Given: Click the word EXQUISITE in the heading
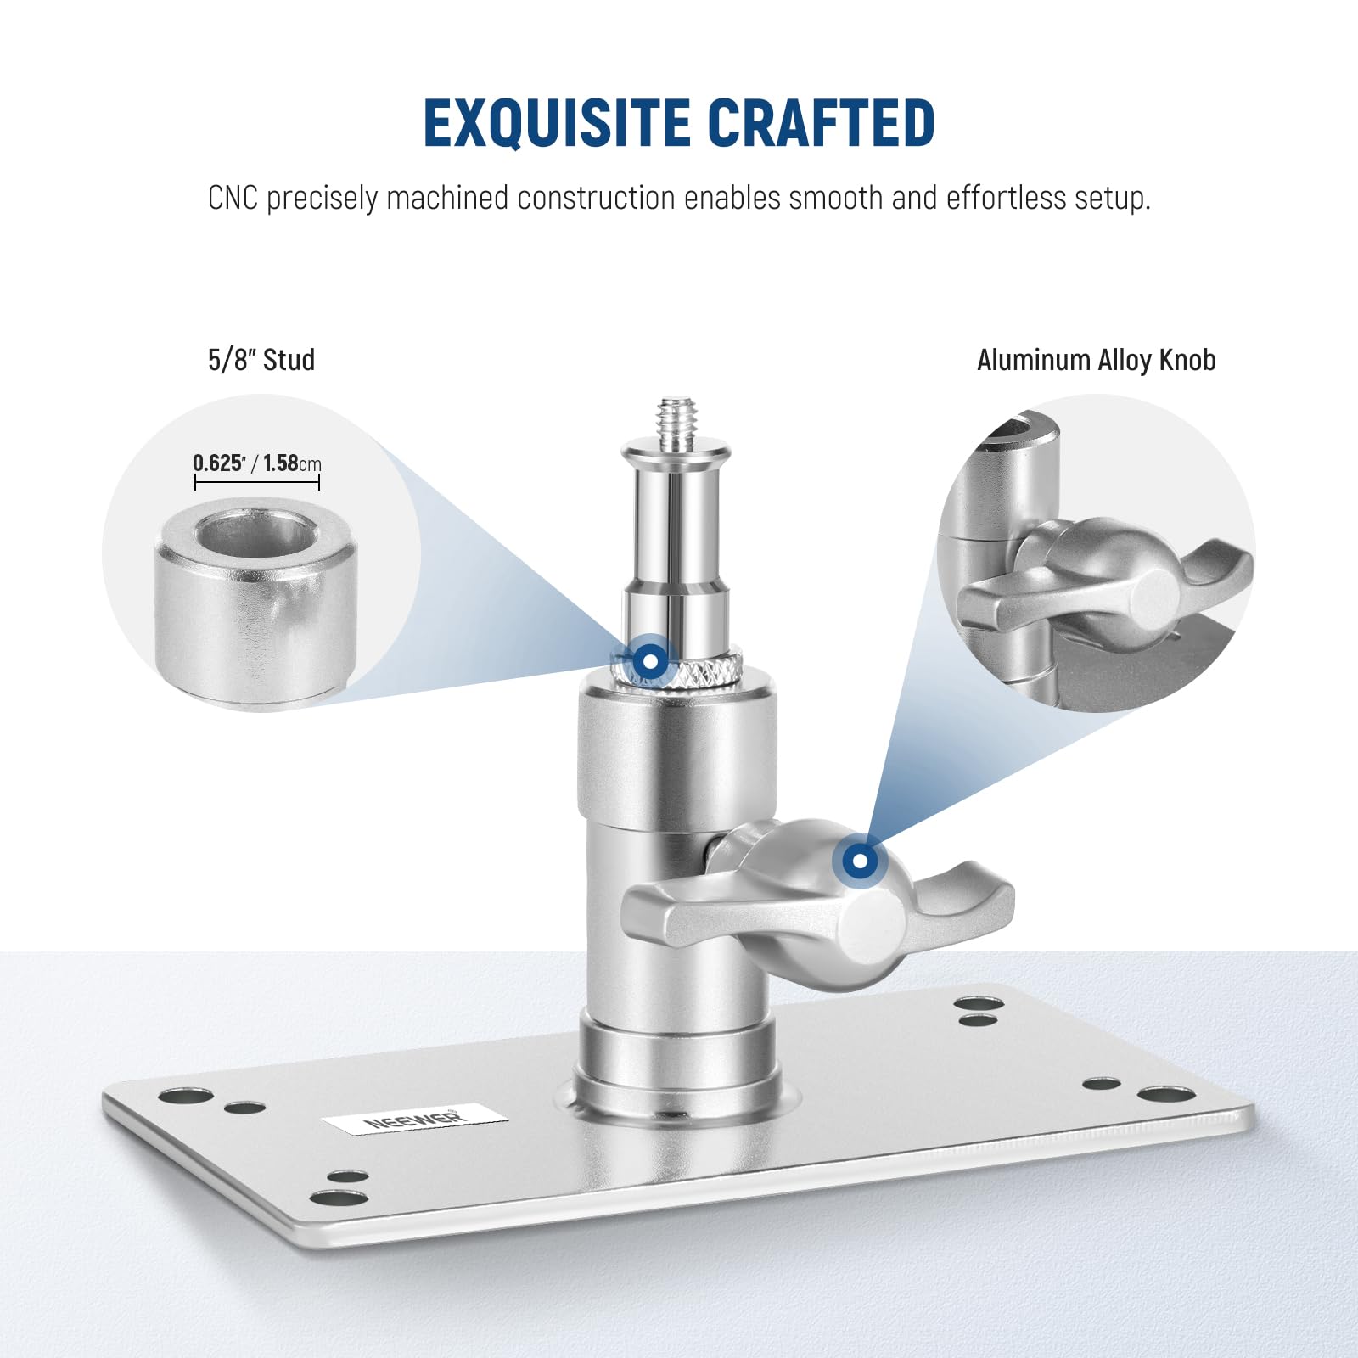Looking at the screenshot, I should [x=557, y=123].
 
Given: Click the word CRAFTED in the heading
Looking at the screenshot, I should [x=821, y=123].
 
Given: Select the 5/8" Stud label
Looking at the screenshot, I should [x=261, y=360].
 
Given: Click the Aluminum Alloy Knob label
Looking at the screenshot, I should [x=1096, y=360].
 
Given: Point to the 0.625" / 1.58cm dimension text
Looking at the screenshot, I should [x=256, y=463].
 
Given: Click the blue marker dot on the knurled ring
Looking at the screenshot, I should [x=649, y=660].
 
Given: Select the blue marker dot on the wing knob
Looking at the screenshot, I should [x=860, y=861].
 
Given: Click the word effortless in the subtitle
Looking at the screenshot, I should [x=1006, y=198].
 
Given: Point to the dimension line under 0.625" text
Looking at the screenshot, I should [x=256, y=482].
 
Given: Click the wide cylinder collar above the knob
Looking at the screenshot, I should [x=676, y=755].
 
